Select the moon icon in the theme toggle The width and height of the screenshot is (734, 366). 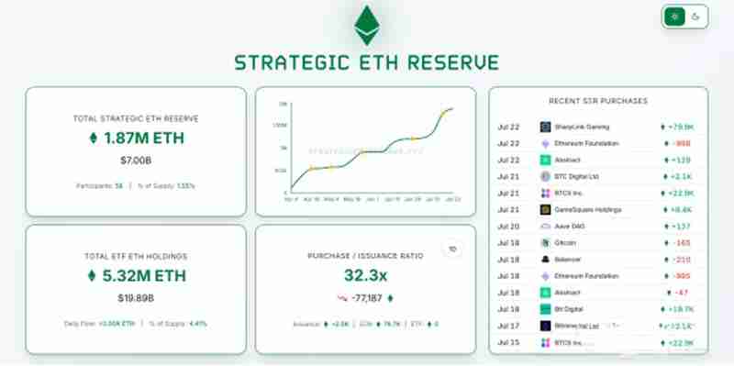click(697, 17)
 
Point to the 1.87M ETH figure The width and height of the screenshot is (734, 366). click(135, 139)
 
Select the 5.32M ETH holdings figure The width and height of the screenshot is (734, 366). click(135, 275)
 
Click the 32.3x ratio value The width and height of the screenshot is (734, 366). click(364, 275)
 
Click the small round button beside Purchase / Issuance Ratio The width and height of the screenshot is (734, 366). click(451, 249)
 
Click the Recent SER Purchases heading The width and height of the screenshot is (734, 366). click(598, 100)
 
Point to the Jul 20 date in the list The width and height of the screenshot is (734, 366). click(508, 226)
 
